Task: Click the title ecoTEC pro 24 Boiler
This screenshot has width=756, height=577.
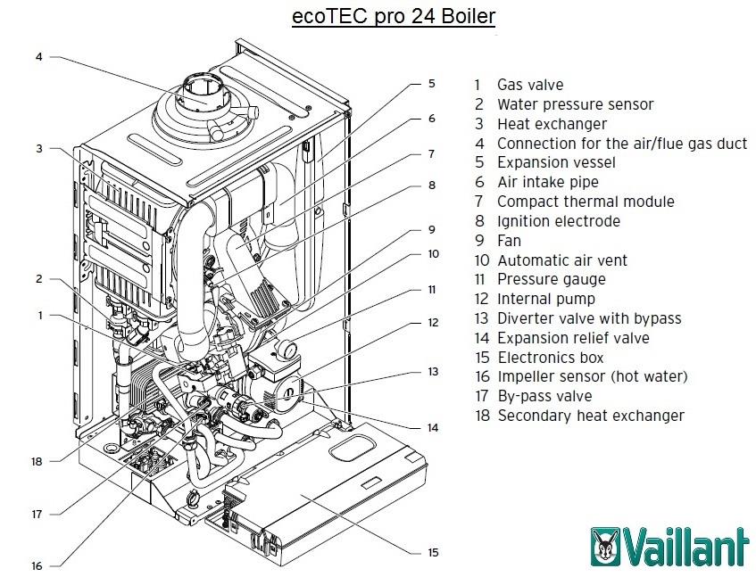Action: [x=393, y=17]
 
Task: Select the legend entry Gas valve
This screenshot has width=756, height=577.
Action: [x=529, y=85]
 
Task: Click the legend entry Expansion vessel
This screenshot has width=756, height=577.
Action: [x=555, y=162]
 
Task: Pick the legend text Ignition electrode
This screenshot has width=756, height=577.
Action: [x=558, y=221]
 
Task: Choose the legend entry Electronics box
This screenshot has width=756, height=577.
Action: [x=550, y=358]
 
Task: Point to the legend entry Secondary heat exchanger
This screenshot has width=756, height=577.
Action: [x=590, y=416]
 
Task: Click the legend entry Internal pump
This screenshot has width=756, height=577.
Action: [x=545, y=299]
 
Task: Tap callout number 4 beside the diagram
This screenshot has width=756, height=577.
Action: [x=39, y=56]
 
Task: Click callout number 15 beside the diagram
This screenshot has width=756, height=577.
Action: [x=433, y=553]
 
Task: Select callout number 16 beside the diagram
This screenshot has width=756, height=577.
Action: [x=37, y=565]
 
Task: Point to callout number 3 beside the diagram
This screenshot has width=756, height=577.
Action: [x=39, y=149]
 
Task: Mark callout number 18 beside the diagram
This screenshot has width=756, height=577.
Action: [x=37, y=462]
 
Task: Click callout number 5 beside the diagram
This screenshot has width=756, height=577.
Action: [x=431, y=83]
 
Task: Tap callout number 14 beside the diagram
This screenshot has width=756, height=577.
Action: [x=433, y=428]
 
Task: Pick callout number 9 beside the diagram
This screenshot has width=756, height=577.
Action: [x=431, y=227]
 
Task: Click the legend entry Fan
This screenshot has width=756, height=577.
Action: [x=509, y=241]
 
